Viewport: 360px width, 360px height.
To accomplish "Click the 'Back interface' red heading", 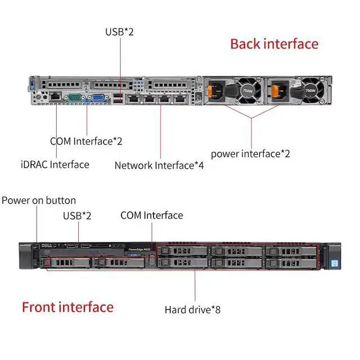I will (x=274, y=44).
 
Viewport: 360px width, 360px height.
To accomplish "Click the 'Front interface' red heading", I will (x=67, y=307).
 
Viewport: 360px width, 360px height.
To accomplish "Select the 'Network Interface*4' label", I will (x=159, y=165).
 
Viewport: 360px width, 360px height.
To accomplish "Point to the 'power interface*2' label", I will (x=250, y=153).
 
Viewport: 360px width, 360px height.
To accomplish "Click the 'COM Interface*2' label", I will (x=86, y=141).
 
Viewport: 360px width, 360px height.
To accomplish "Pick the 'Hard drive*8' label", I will (x=192, y=309).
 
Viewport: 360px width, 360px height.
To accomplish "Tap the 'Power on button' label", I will (x=39, y=200).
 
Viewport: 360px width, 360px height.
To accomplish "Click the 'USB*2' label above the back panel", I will (x=119, y=31).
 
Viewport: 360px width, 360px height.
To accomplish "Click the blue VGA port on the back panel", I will (x=97, y=97).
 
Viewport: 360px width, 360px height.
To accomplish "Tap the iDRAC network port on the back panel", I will (x=56, y=97).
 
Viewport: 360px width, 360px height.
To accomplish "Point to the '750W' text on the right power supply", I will (x=310, y=90).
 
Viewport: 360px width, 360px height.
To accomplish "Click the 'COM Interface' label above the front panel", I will (x=152, y=215).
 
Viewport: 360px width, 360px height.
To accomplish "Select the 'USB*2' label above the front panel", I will (x=78, y=215).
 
